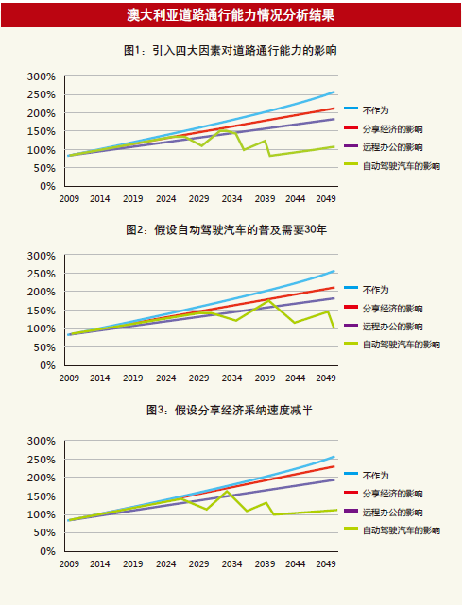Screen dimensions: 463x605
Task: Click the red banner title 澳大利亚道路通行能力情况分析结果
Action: (231, 15)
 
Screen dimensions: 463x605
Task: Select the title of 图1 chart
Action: (231, 50)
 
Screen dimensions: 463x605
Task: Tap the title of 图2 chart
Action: (226, 229)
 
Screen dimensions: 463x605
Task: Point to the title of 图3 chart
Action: (230, 410)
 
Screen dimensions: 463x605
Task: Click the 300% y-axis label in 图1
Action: (42, 76)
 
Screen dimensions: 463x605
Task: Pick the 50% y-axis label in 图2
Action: (44, 347)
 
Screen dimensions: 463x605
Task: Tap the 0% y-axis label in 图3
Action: (47, 551)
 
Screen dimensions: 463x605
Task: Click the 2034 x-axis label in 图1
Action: (231, 199)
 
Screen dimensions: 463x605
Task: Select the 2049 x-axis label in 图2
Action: (326, 378)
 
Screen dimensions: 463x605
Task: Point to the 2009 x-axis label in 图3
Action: (69, 563)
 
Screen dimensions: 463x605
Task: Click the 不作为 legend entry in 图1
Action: (367, 110)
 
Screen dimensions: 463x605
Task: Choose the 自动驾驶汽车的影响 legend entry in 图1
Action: (392, 166)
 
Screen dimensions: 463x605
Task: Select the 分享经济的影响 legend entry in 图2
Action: (384, 309)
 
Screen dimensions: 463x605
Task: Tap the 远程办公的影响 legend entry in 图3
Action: (384, 512)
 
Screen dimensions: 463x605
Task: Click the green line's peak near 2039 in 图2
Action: (268, 300)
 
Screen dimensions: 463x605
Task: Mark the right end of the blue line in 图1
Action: (334, 92)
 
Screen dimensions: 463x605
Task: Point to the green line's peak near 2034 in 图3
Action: (227, 491)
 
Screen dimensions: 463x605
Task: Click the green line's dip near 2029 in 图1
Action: (201, 146)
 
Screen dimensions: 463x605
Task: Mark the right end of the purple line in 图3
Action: (334, 479)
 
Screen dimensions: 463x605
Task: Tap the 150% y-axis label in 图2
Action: (42, 311)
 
